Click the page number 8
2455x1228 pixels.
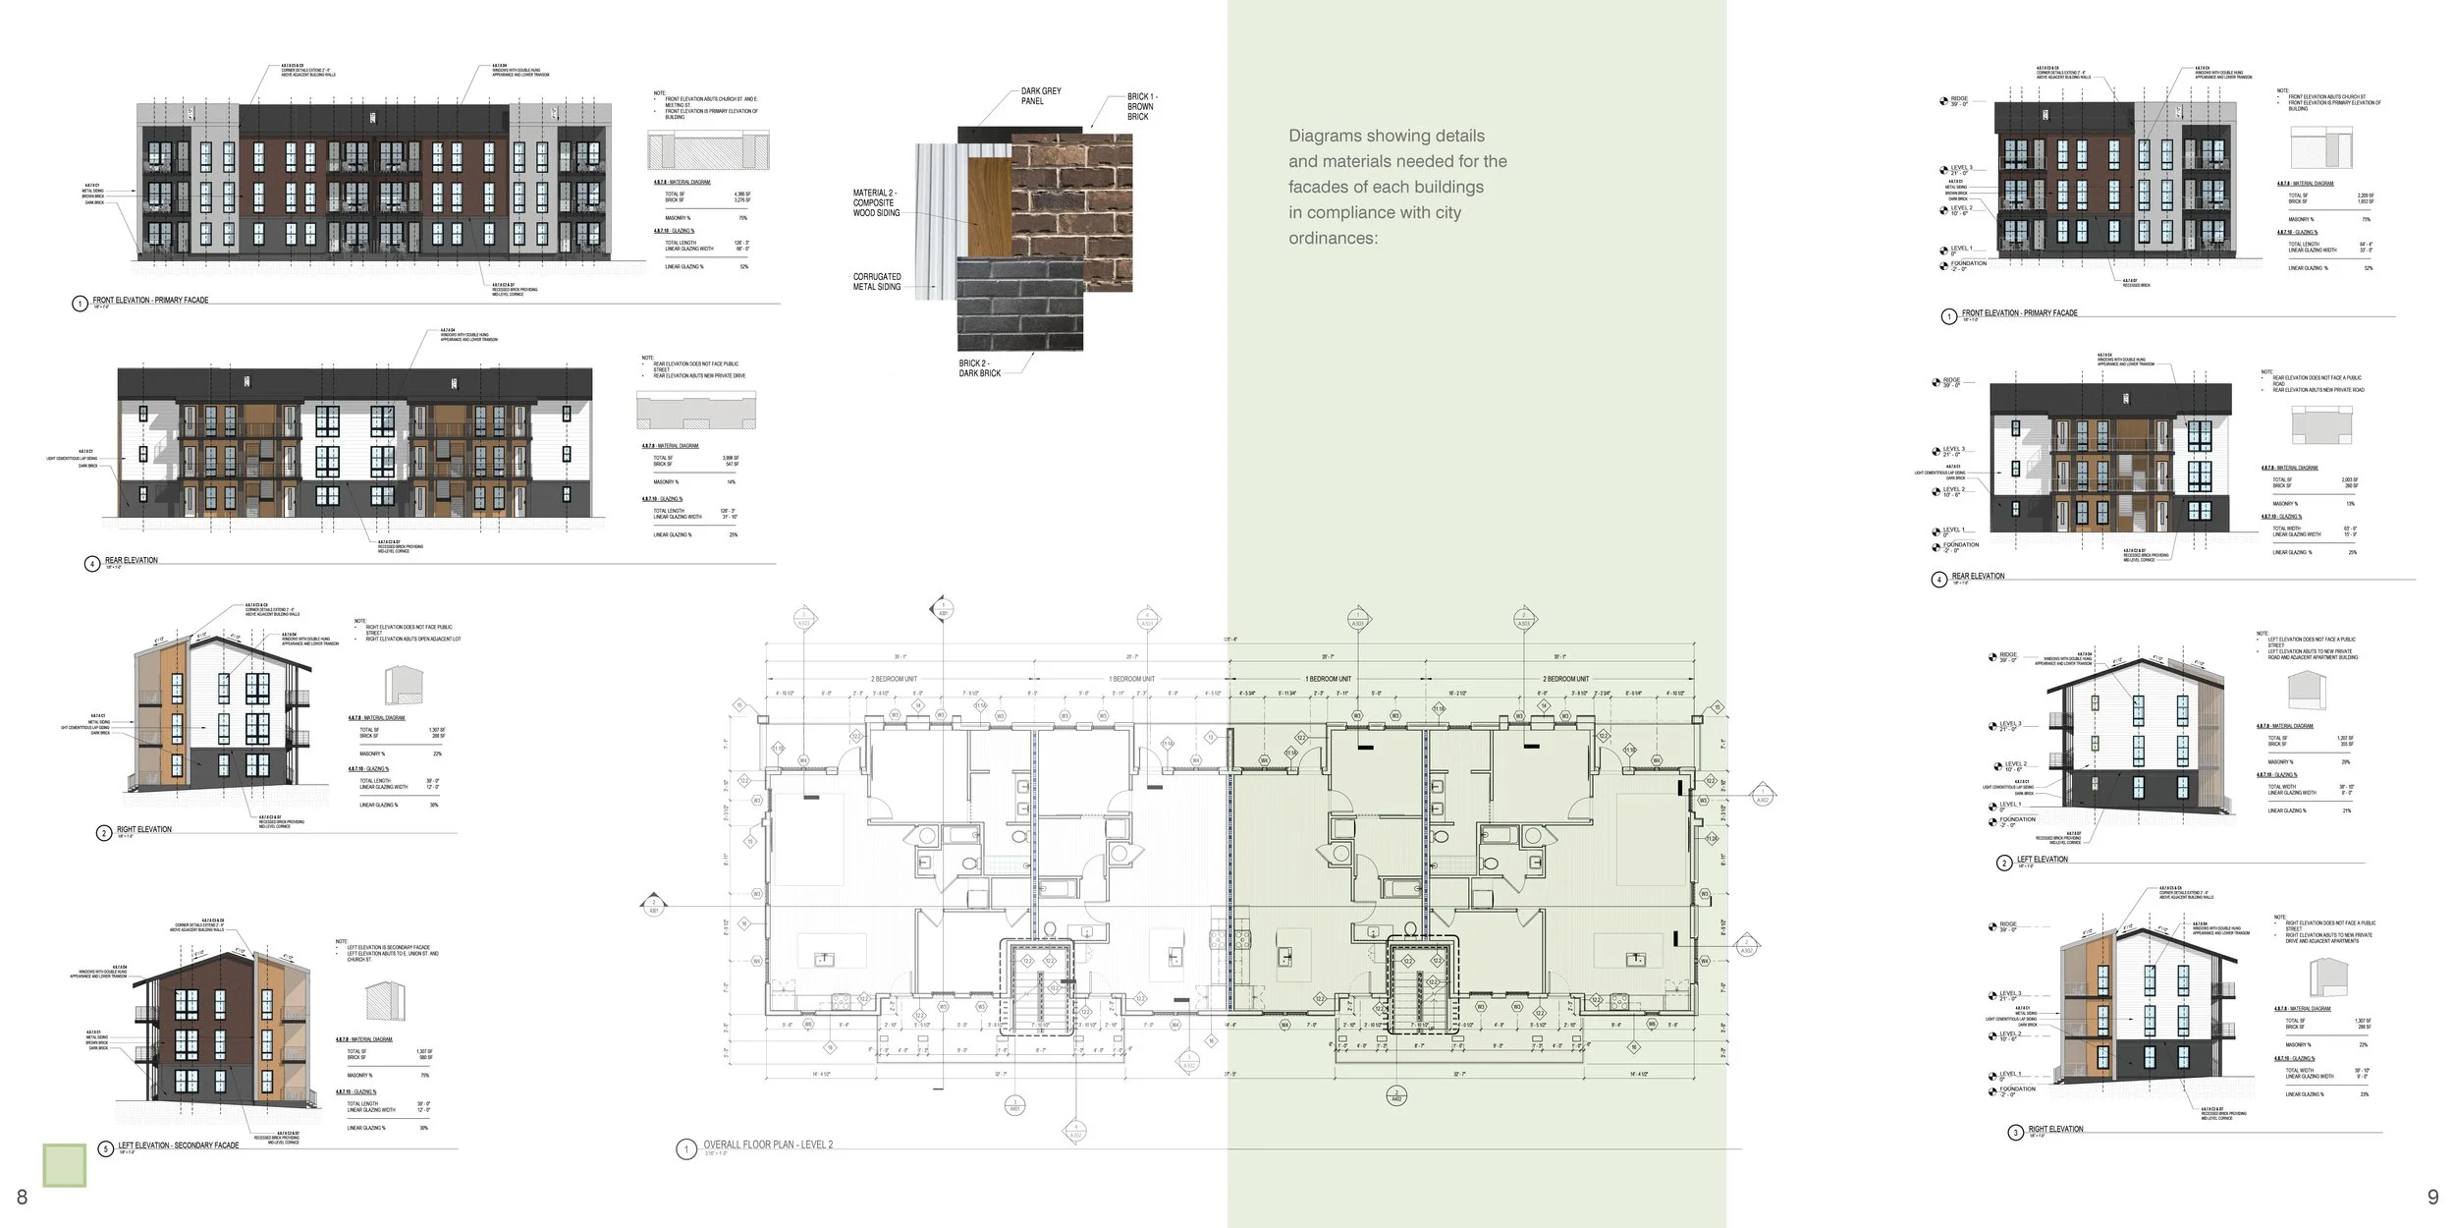click(x=22, y=1197)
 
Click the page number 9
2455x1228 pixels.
click(x=2432, y=1197)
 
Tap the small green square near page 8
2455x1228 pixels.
click(x=65, y=1165)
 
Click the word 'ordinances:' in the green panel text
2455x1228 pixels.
click(x=1333, y=239)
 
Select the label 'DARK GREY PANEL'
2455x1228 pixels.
click(x=1040, y=95)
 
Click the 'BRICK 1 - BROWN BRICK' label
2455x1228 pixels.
click(x=1141, y=106)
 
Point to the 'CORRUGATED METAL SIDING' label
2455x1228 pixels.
click(x=876, y=282)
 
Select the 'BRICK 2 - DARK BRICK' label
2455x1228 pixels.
click(x=979, y=368)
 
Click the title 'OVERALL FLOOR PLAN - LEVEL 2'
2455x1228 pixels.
click(x=767, y=1145)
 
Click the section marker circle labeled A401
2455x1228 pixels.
click(x=1015, y=1107)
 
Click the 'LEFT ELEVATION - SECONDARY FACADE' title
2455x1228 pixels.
click(x=178, y=1145)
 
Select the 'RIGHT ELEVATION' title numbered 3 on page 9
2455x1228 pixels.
click(x=2054, y=1130)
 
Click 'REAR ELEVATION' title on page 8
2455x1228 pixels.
click(x=131, y=561)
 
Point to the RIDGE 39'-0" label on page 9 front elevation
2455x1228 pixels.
click(x=1958, y=100)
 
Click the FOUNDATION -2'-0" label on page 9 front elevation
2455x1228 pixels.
click(x=1967, y=265)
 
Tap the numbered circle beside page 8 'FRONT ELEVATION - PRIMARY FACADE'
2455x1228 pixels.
click(x=80, y=304)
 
